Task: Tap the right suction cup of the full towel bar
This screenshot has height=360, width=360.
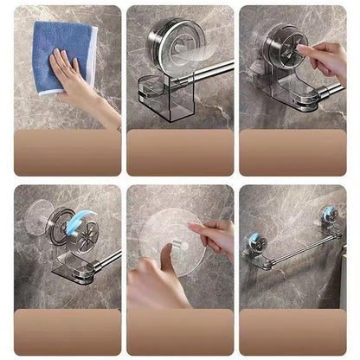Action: pyautogui.click(x=329, y=216)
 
